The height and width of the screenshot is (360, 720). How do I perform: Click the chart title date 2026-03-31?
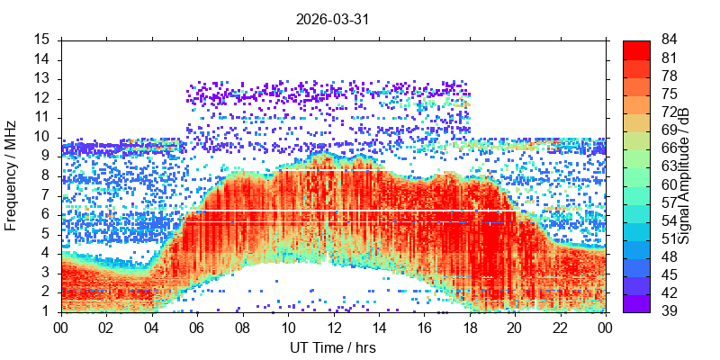point(332,19)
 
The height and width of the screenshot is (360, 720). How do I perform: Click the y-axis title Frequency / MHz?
point(10,175)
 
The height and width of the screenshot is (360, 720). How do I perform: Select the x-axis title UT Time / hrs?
point(333,347)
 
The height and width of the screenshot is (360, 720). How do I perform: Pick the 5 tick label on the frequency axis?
point(49,235)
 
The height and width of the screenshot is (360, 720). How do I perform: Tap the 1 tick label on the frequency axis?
point(49,312)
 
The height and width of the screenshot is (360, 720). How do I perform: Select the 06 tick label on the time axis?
point(197,328)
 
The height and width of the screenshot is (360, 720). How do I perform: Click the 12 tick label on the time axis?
point(334,328)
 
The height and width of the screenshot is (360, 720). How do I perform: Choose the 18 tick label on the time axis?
point(470,328)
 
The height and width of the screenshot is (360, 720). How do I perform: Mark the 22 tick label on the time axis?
point(560,328)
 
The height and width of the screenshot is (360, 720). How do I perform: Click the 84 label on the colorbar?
point(669,40)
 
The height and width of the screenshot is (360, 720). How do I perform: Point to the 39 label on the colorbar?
point(669,311)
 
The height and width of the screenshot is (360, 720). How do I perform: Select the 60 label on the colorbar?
point(669,184)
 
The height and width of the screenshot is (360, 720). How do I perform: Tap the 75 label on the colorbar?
point(669,94)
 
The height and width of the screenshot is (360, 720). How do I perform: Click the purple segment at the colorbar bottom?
point(636,303)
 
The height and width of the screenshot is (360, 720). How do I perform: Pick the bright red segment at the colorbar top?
point(636,49)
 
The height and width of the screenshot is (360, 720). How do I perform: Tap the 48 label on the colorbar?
point(669,257)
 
